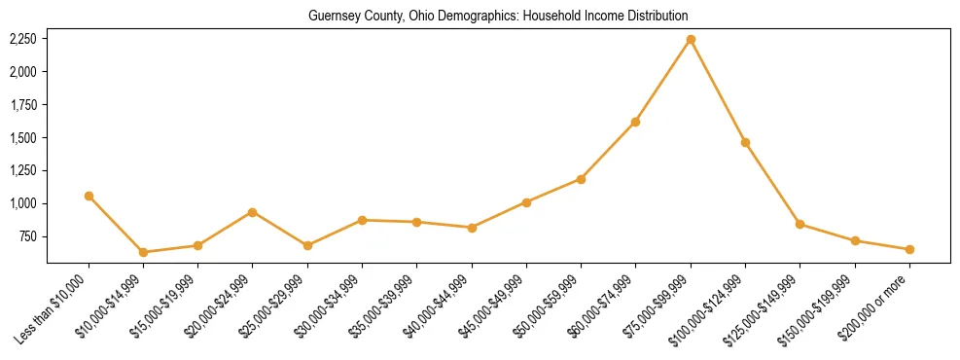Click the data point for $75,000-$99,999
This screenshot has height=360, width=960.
[x=691, y=40]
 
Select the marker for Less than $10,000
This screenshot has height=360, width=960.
[x=89, y=196]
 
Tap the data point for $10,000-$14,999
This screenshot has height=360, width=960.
[x=143, y=252]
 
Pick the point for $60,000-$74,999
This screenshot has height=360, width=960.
[x=635, y=122]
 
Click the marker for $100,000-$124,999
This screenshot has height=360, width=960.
[x=745, y=142]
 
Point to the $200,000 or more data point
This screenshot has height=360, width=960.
[x=909, y=249]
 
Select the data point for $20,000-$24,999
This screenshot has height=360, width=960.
[x=253, y=212]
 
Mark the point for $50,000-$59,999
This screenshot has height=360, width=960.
[x=581, y=179]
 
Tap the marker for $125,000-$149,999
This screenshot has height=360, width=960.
[x=800, y=224]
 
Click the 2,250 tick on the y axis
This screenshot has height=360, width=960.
[x=22, y=39]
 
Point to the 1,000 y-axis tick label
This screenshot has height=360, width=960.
[x=22, y=203]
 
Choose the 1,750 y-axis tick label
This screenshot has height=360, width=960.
[x=22, y=104]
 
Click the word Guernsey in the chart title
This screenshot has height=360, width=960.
[x=334, y=17]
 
